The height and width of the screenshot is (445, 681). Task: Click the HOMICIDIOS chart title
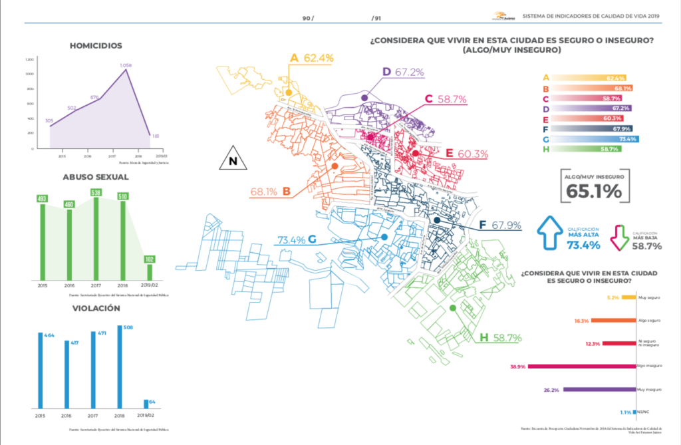pos(96,46)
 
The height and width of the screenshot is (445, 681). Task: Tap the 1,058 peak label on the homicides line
pos(126,65)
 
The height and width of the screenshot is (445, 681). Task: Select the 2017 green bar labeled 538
pos(96,236)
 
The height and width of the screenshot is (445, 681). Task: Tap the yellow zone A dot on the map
pos(289,92)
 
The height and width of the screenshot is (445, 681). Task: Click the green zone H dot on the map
pos(452,308)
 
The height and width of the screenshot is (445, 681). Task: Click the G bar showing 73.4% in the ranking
pos(593,139)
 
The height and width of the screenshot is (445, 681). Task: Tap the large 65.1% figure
pos(594,191)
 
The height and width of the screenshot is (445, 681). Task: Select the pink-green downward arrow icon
pos(618,237)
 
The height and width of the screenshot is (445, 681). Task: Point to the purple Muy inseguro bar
pos(599,389)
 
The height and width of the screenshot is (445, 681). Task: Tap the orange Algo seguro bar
pos(613,320)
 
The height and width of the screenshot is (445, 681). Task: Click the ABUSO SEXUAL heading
pos(96,177)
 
